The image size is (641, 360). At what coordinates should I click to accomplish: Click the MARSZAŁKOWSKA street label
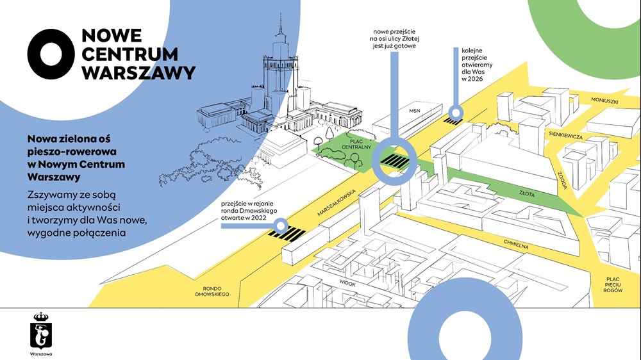(x=337, y=202)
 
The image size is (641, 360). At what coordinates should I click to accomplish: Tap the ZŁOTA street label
(x=526, y=193)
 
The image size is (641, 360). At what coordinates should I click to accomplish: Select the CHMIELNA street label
(x=516, y=243)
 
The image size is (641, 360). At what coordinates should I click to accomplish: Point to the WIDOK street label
(x=347, y=282)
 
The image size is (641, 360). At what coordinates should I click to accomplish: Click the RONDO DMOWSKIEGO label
(x=212, y=291)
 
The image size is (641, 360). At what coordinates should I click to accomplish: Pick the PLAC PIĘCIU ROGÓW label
(x=613, y=284)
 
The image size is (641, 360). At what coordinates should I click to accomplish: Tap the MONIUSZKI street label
(x=604, y=101)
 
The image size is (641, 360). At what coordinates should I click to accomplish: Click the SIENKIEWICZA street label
(x=566, y=135)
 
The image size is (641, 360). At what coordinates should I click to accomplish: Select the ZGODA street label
(x=563, y=180)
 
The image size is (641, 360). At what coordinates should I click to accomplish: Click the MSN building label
(x=415, y=110)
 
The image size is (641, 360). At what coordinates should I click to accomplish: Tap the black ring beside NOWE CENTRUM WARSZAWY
(x=51, y=54)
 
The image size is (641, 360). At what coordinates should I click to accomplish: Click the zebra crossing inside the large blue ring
(x=394, y=161)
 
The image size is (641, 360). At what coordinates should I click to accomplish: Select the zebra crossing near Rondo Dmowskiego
(x=287, y=234)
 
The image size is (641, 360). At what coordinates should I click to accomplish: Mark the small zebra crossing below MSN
(x=453, y=121)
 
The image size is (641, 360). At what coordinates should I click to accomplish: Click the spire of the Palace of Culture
(x=281, y=24)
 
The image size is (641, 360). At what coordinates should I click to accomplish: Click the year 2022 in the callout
(x=259, y=218)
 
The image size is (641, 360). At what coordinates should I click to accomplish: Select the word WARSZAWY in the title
(x=138, y=73)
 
